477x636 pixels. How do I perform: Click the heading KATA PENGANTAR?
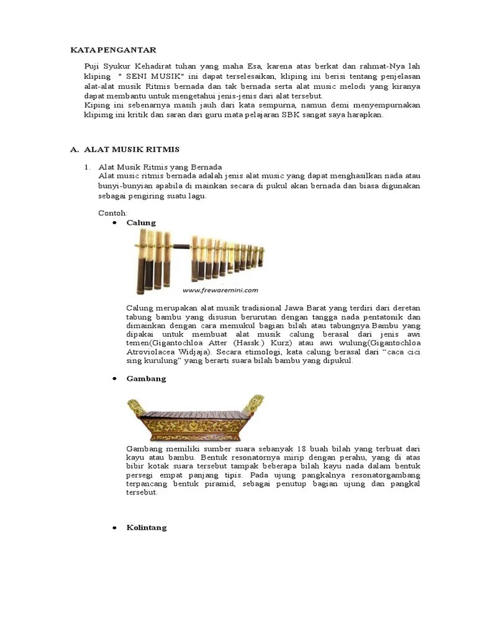[112, 49]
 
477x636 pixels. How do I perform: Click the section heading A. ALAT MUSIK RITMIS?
[125, 150]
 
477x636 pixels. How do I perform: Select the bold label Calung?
[141, 222]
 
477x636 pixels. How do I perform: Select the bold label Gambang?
[146, 378]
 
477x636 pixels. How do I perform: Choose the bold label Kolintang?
[147, 527]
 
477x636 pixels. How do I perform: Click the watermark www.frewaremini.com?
[220, 289]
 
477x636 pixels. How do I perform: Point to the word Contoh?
[112, 212]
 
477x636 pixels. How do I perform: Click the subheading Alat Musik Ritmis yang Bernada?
[160, 168]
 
